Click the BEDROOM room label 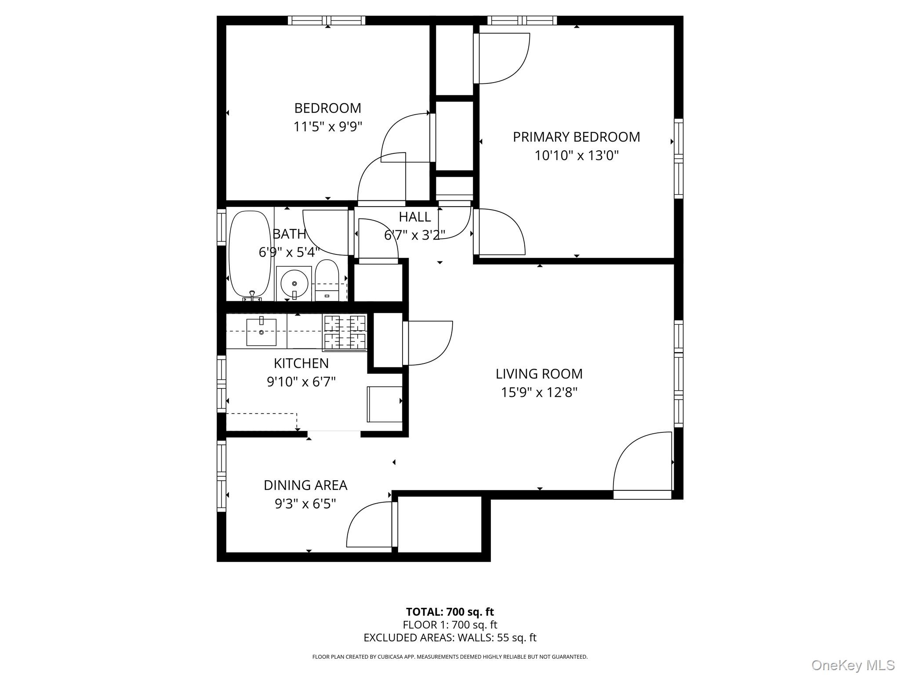coord(327,108)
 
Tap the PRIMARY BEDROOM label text coord(576,137)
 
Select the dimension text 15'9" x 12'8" coord(539,392)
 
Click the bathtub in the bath coord(250,254)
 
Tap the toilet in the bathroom coord(327,279)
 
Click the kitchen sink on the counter coord(261,332)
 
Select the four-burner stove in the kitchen coord(345,332)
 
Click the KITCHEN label coord(301,363)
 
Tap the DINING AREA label coord(305,485)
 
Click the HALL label coord(414,217)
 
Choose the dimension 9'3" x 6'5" coord(305,504)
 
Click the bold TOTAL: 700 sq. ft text coord(450,612)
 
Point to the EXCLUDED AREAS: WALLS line coord(450,638)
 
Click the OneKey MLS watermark coord(853,665)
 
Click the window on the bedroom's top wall coord(327,20)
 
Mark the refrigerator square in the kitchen coord(385,404)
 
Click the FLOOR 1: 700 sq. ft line coord(450,624)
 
